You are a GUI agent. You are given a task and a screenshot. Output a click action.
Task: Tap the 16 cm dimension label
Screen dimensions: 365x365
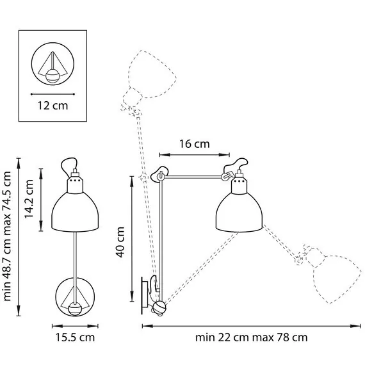point(194,144)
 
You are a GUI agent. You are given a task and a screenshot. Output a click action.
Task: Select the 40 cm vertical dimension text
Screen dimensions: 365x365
point(120,240)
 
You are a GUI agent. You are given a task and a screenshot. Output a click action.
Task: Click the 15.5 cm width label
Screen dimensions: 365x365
point(76,337)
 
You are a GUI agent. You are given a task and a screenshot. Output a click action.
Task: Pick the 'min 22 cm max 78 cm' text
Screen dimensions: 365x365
point(252,337)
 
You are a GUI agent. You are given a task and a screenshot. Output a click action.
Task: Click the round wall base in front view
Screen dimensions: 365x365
point(76,297)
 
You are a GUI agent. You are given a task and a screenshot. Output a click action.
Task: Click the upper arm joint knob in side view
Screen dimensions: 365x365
point(160,174)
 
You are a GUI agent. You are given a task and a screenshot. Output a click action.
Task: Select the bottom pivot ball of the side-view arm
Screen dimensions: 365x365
point(159,308)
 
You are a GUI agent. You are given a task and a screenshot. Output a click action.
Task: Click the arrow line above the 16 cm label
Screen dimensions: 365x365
point(194,154)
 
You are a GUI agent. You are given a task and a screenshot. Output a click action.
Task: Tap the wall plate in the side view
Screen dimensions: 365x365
point(145,295)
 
